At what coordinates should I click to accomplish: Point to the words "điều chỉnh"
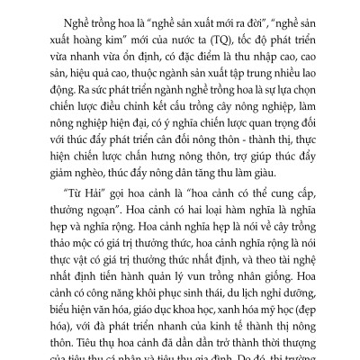(115, 118)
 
